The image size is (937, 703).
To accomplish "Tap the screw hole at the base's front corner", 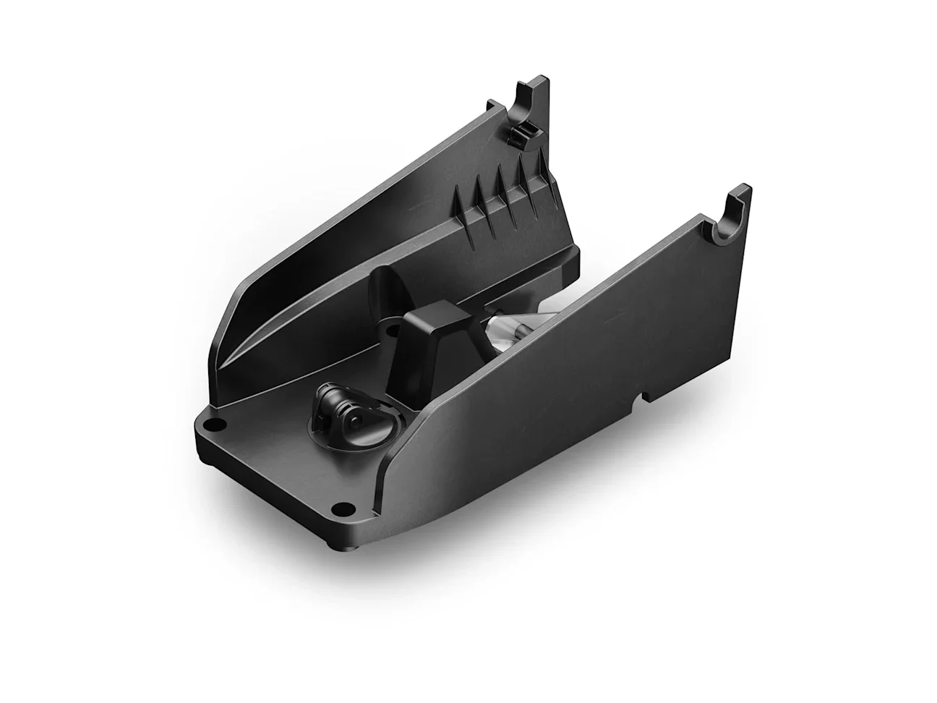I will pos(343,507).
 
